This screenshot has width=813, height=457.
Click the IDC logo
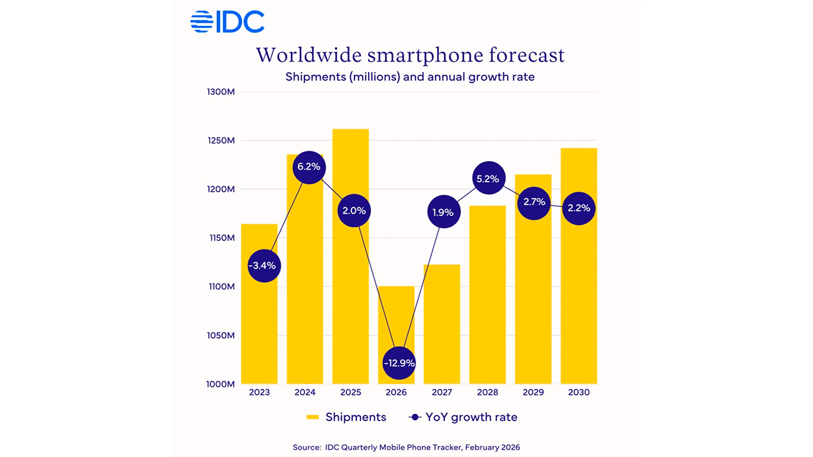tap(227, 21)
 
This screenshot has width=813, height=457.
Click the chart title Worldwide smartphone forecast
tap(410, 55)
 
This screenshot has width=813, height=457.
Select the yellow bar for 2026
tap(396, 318)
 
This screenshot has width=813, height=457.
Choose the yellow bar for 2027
tap(442, 325)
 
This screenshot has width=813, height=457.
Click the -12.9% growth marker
tap(399, 363)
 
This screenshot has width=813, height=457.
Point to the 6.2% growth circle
tap(308, 167)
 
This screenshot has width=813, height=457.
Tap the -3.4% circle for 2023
tap(264, 266)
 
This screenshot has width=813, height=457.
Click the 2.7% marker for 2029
tap(534, 203)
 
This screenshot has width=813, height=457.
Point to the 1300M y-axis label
tap(220, 92)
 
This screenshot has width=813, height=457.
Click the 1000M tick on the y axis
tap(220, 384)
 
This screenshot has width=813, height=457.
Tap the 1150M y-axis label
tap(220, 238)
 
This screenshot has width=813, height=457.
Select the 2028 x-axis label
tap(487, 393)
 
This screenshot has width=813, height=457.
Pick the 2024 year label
tap(305, 393)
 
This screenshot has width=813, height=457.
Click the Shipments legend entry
tap(347, 417)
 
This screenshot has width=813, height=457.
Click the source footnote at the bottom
tap(406, 447)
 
